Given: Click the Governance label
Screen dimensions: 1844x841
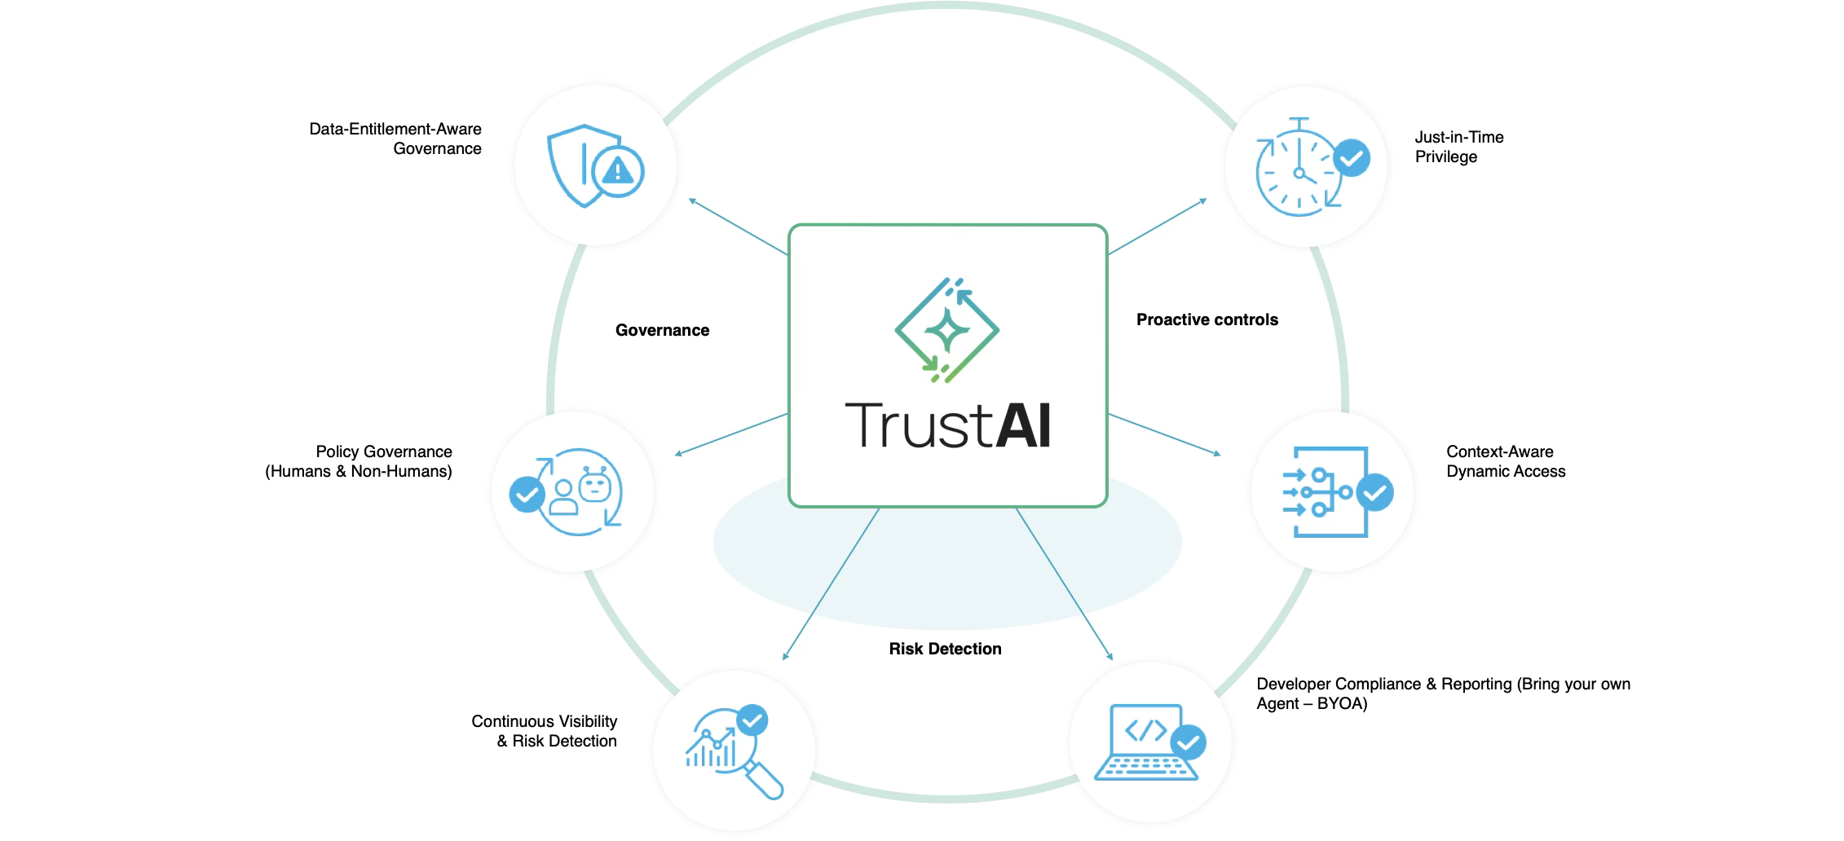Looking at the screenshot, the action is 662,330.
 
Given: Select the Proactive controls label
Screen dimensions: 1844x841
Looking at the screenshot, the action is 1207,319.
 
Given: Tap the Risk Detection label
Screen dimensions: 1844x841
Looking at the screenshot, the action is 945,649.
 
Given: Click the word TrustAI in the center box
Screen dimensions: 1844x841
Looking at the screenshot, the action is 947,425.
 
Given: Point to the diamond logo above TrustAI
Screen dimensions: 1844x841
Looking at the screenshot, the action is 947,330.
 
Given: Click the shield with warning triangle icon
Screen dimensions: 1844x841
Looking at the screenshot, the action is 594,166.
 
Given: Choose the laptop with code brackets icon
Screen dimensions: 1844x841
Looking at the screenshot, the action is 1145,743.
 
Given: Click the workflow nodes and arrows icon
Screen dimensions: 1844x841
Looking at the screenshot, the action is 1326,492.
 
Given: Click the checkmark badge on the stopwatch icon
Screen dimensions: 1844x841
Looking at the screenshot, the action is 1352,158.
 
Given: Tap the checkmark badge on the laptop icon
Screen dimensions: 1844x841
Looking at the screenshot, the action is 1188,742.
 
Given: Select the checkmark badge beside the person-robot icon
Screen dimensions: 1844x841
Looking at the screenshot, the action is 527,494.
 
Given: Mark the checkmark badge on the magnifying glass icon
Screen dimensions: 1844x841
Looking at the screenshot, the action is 752,720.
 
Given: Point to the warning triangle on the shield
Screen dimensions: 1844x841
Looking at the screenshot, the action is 618,171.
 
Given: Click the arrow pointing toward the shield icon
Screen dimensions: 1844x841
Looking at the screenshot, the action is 738,227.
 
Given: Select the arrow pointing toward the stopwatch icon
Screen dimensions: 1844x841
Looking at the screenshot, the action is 1158,227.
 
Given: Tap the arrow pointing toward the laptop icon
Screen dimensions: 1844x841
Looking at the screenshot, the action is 1064,583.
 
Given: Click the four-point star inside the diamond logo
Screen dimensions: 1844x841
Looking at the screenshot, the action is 947,330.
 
